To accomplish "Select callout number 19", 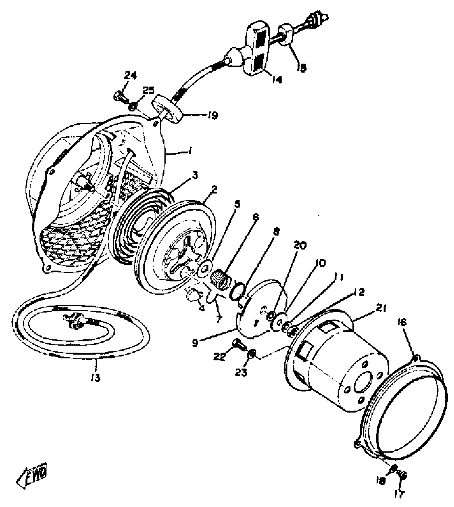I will (213, 115).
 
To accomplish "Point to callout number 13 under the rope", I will (95, 377).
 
